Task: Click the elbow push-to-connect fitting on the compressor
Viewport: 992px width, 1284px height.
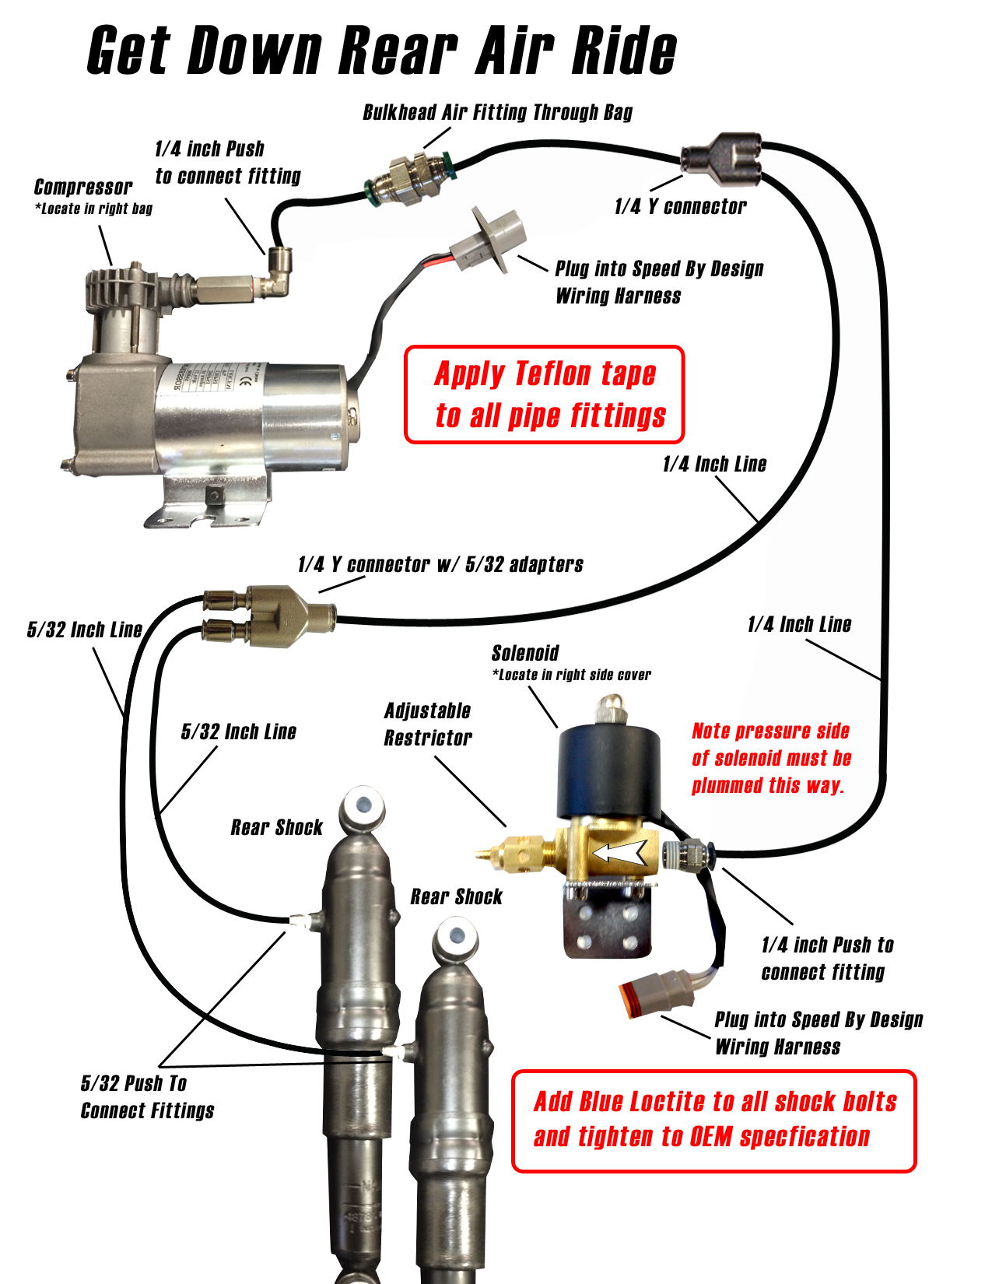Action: pos(279,272)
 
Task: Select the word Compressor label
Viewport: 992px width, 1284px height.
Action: pos(83,188)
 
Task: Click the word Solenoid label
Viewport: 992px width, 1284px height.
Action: pos(525,653)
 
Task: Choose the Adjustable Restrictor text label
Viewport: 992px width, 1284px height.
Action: pos(428,724)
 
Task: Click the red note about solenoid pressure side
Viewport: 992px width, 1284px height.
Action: pos(771,758)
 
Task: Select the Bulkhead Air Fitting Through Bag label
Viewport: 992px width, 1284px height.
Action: pos(497,113)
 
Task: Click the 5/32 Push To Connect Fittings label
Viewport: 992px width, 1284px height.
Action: pos(147,1096)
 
